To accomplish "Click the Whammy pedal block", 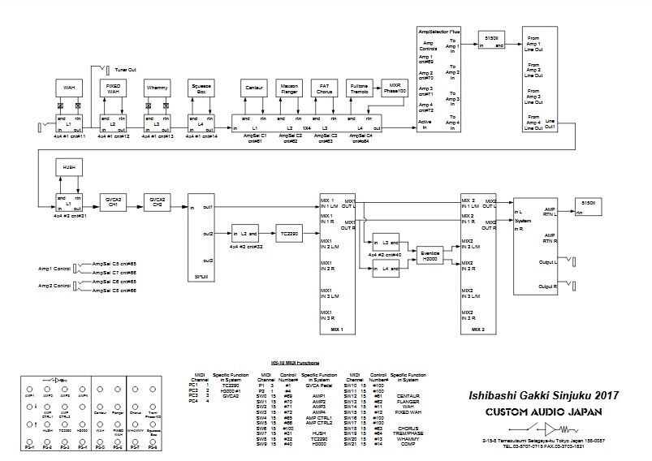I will (157, 88).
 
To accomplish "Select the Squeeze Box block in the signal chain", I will (201, 88).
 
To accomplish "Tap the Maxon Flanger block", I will (290, 88).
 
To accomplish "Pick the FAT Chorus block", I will (325, 88).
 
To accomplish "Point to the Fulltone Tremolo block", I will (361, 88).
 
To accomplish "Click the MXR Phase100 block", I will (393, 88).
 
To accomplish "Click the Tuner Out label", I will (126, 71).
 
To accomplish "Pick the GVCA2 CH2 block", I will (156, 202).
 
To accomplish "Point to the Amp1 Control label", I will (54, 267).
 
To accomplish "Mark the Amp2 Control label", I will (54, 286).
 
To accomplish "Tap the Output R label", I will (551, 287).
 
